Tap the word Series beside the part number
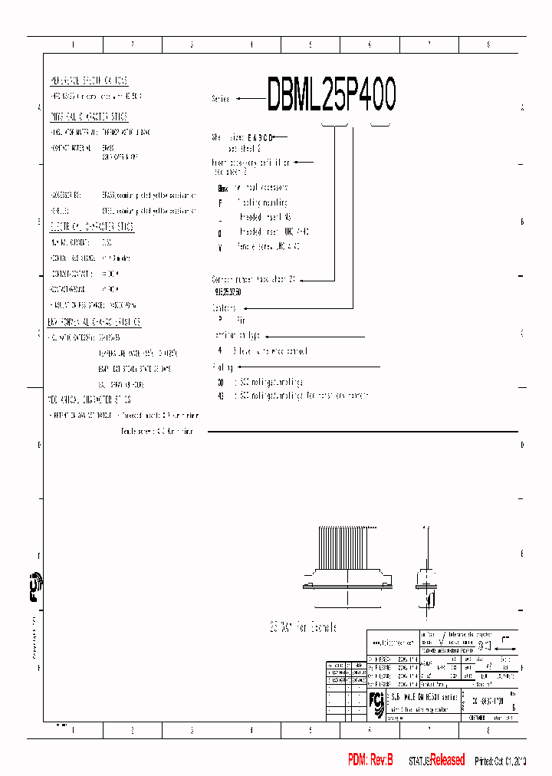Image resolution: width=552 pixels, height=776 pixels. point(221,99)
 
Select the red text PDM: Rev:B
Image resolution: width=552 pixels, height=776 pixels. point(370,760)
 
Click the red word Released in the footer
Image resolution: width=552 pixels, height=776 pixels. point(447,760)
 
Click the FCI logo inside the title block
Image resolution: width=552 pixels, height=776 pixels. point(376,702)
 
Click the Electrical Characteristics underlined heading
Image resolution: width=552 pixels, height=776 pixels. point(91,226)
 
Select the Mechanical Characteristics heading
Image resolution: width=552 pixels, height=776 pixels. point(90,400)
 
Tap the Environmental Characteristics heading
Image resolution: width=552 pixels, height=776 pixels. point(94,322)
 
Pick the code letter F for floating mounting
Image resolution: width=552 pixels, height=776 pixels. point(220,203)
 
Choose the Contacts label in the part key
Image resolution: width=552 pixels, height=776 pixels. point(225,307)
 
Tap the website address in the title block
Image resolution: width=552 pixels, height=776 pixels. point(392,643)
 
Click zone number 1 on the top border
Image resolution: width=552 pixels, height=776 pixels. point(73,44)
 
